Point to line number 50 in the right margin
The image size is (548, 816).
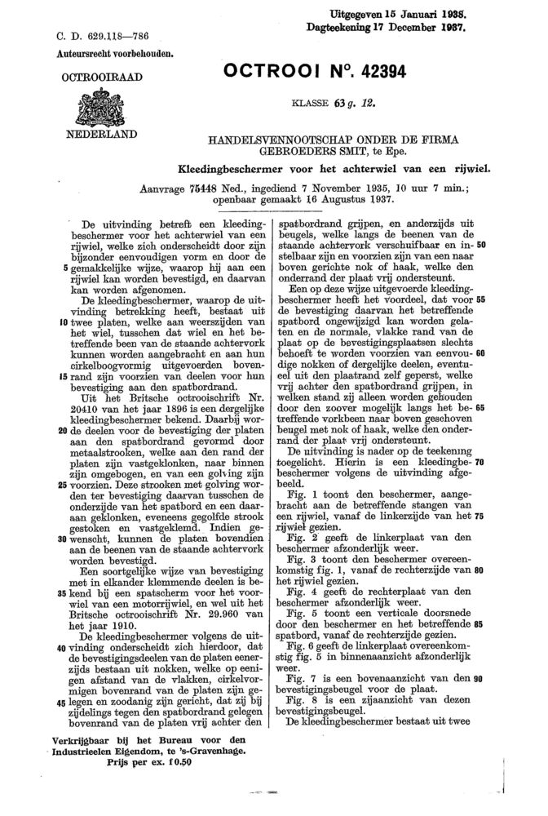click(x=481, y=244)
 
